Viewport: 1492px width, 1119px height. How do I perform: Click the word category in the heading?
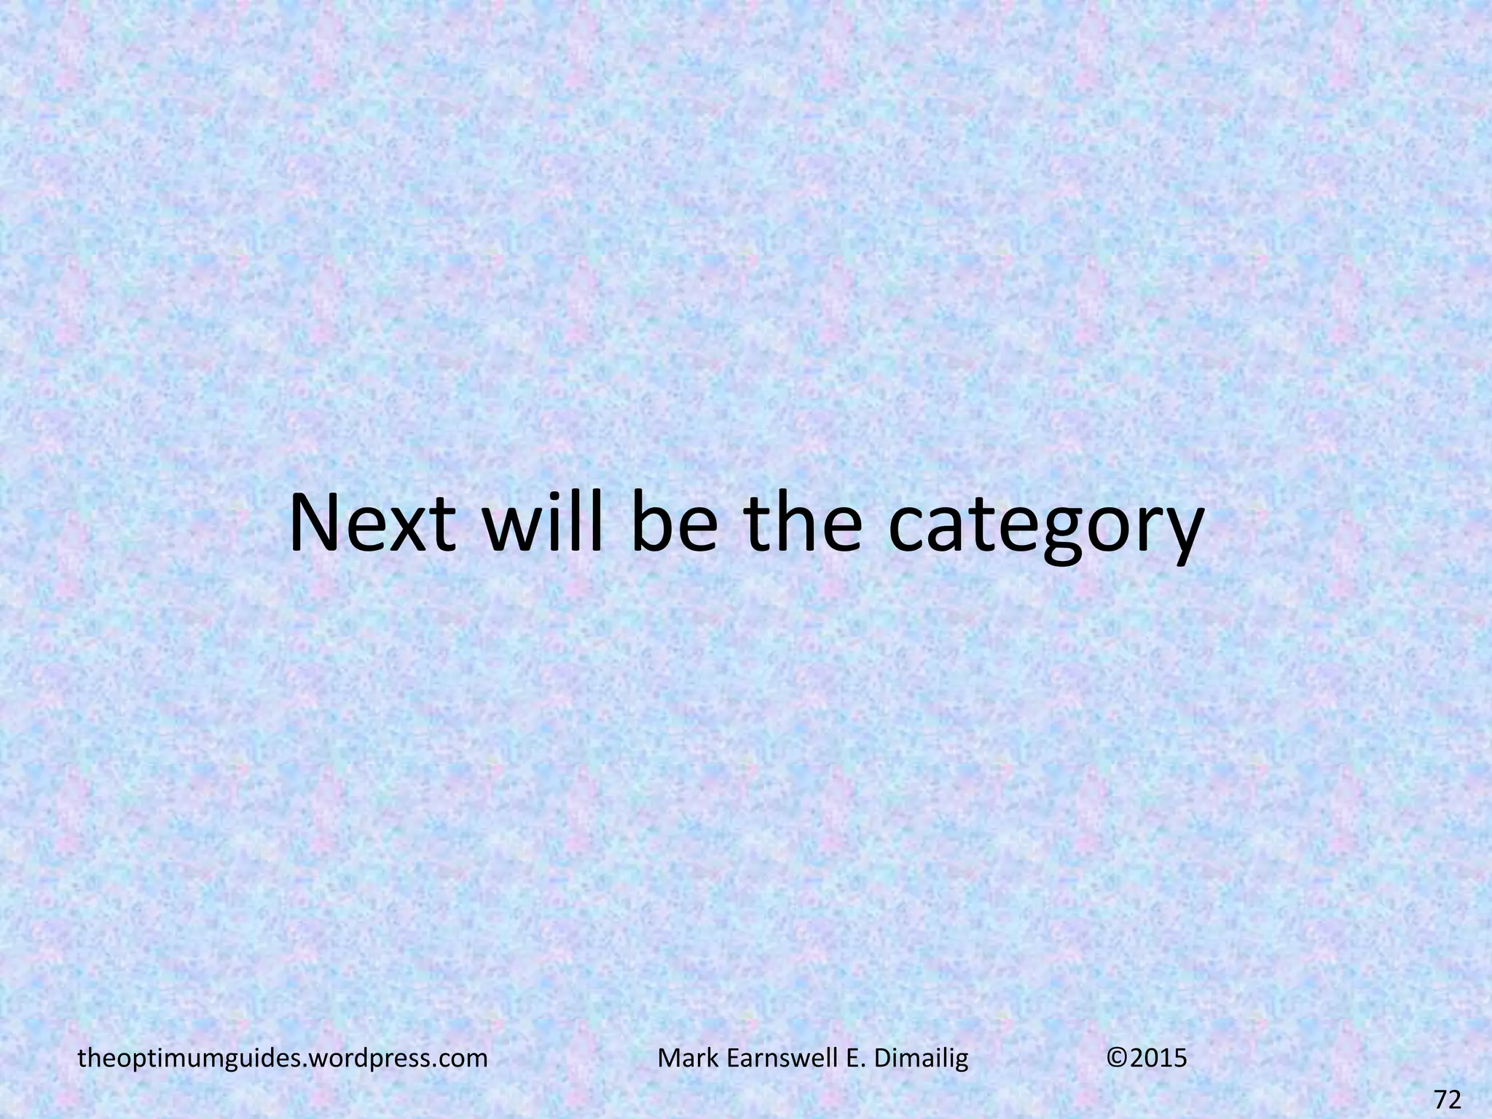coord(1046,532)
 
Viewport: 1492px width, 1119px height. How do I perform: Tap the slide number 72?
coord(1448,1100)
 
